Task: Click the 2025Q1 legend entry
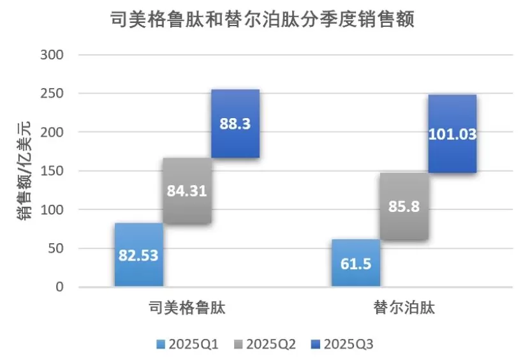pos(188,344)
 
